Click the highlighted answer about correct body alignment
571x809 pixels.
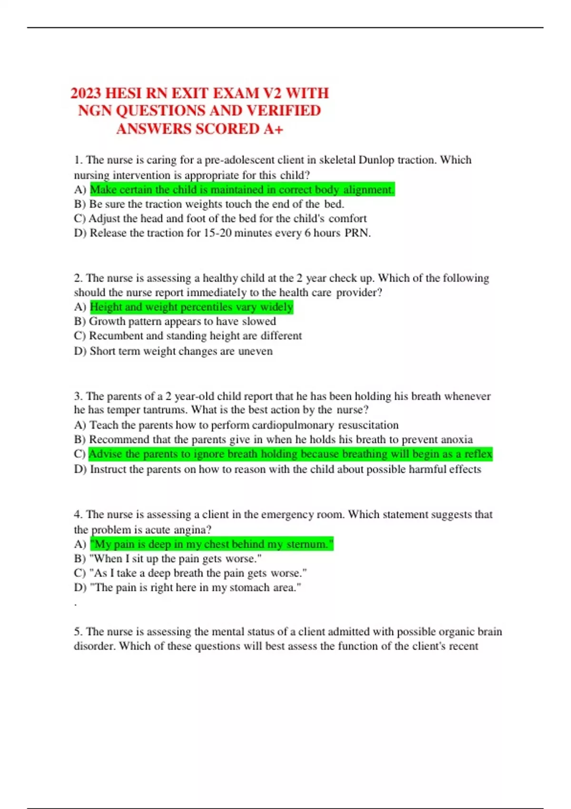pos(242,189)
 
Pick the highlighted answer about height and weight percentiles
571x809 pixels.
pos(191,307)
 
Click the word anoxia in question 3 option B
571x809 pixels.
pos(457,439)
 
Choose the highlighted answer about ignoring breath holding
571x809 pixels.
pos(290,454)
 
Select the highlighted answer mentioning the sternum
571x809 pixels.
pos(212,544)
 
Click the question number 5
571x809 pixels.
pos(78,631)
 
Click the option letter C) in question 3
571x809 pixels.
pos(79,454)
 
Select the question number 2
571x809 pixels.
pos(78,278)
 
